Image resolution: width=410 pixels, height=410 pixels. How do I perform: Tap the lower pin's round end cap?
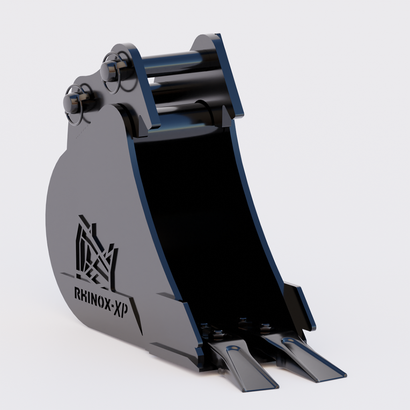[x=71, y=102]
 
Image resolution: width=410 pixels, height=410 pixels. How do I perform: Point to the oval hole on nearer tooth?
[x=234, y=348]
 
